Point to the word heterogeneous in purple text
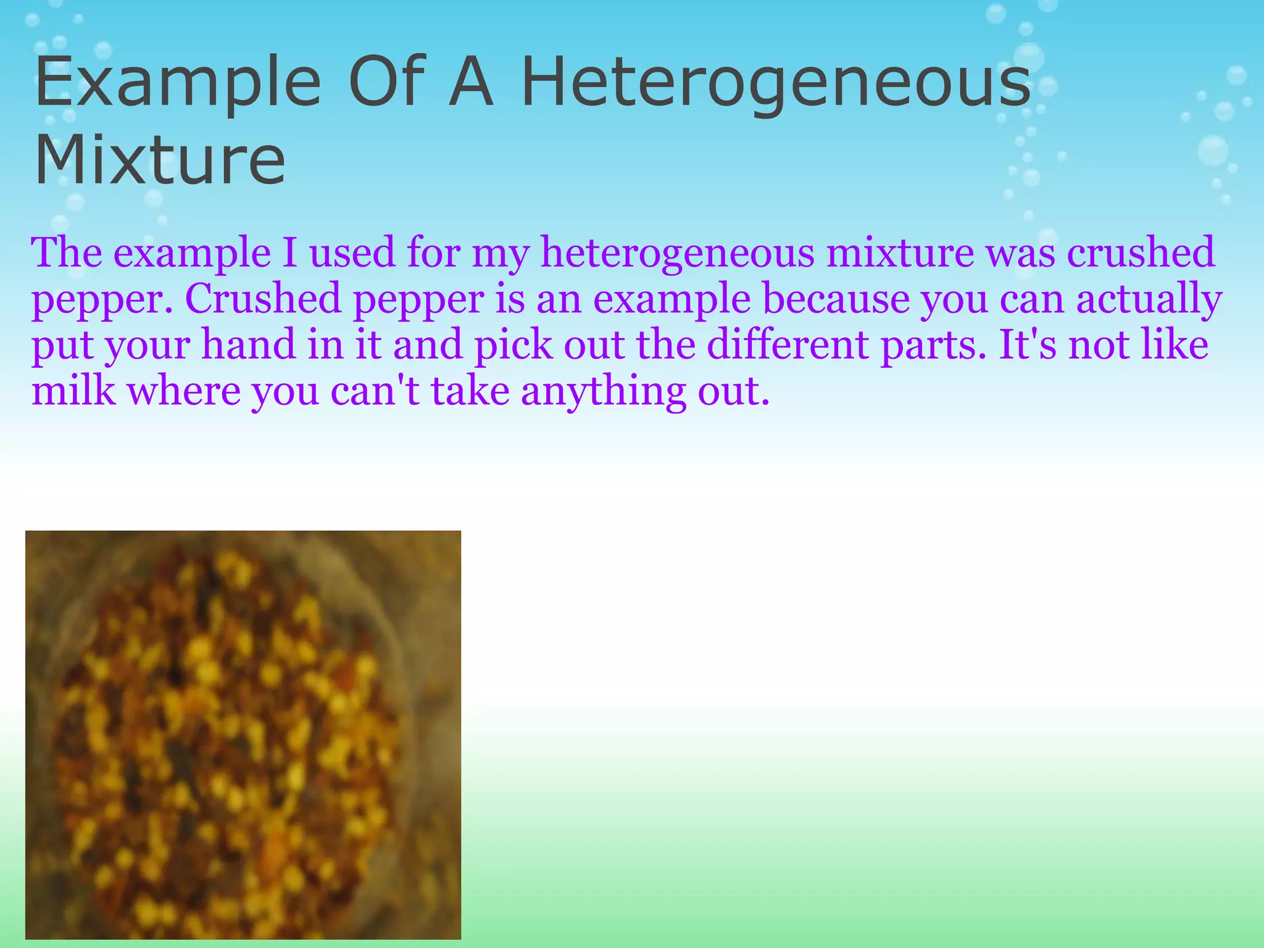coord(677,253)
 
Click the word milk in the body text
coord(73,391)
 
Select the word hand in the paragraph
coord(249,345)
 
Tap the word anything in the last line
coord(603,393)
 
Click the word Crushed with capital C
coord(263,299)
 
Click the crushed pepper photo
coord(243,734)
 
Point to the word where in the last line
coord(183,391)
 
